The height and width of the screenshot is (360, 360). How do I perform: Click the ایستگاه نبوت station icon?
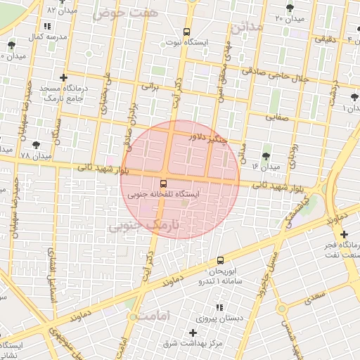tap(186, 32)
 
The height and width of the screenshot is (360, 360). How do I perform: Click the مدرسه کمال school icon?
tap(48, 26)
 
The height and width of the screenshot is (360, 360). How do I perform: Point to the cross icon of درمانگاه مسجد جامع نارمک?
tap(64, 77)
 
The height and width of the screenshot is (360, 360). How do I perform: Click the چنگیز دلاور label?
tap(209, 138)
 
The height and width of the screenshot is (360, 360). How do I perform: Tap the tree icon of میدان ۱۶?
tap(266, 156)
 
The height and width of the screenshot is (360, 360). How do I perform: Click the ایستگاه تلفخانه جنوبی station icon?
tap(164, 184)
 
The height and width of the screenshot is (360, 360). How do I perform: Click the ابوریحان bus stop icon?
tap(221, 260)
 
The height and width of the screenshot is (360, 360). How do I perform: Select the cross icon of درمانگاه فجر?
tap(343, 234)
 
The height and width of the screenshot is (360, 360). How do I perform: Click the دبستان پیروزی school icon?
tap(220, 308)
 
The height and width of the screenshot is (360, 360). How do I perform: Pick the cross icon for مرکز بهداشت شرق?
tap(193, 332)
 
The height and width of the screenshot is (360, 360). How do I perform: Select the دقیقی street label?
tap(325, 39)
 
